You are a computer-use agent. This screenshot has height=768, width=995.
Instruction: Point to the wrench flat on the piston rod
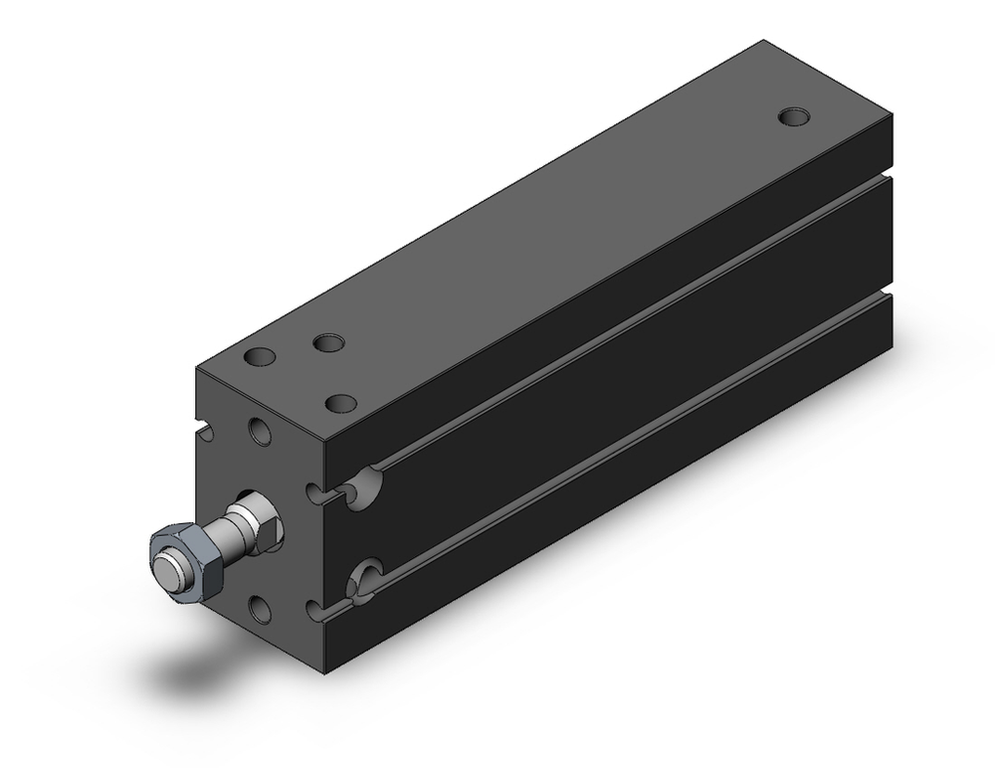(x=241, y=519)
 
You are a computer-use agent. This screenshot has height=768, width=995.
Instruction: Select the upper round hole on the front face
(x=261, y=432)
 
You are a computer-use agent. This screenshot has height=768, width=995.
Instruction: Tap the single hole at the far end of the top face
(x=793, y=116)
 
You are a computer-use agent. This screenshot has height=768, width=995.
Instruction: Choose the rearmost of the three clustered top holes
(x=327, y=344)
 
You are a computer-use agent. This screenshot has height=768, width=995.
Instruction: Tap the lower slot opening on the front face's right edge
(x=316, y=607)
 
